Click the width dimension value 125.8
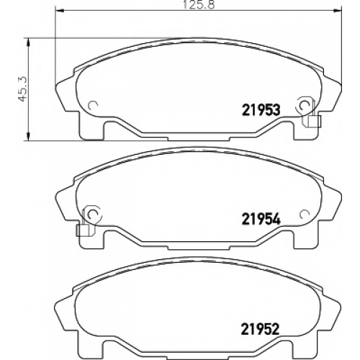199,5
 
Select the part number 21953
261,110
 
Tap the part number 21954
261,219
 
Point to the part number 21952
260,329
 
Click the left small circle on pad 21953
93,105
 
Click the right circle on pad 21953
305,105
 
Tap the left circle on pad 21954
93,213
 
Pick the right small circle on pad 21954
305,213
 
